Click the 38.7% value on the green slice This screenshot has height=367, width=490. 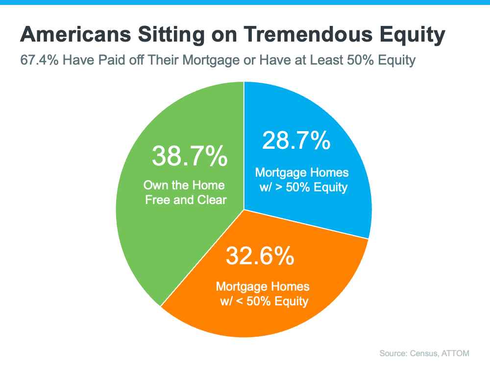pos(190,156)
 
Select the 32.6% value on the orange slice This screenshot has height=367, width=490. pos(260,255)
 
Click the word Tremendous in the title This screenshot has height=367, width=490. pos(308,34)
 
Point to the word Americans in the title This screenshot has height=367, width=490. pos(76,34)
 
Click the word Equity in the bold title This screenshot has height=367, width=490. pos(412,35)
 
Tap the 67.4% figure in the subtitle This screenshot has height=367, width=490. pos(39,60)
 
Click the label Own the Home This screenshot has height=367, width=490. pos(184,185)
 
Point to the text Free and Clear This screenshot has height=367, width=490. pos(186,200)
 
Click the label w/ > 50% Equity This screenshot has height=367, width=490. pos(303,187)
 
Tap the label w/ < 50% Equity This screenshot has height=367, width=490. pos(264,301)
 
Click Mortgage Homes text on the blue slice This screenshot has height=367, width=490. pos(301,173)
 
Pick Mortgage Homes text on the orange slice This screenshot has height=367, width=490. pos(263,287)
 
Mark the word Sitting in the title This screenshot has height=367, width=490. pos(171,35)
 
